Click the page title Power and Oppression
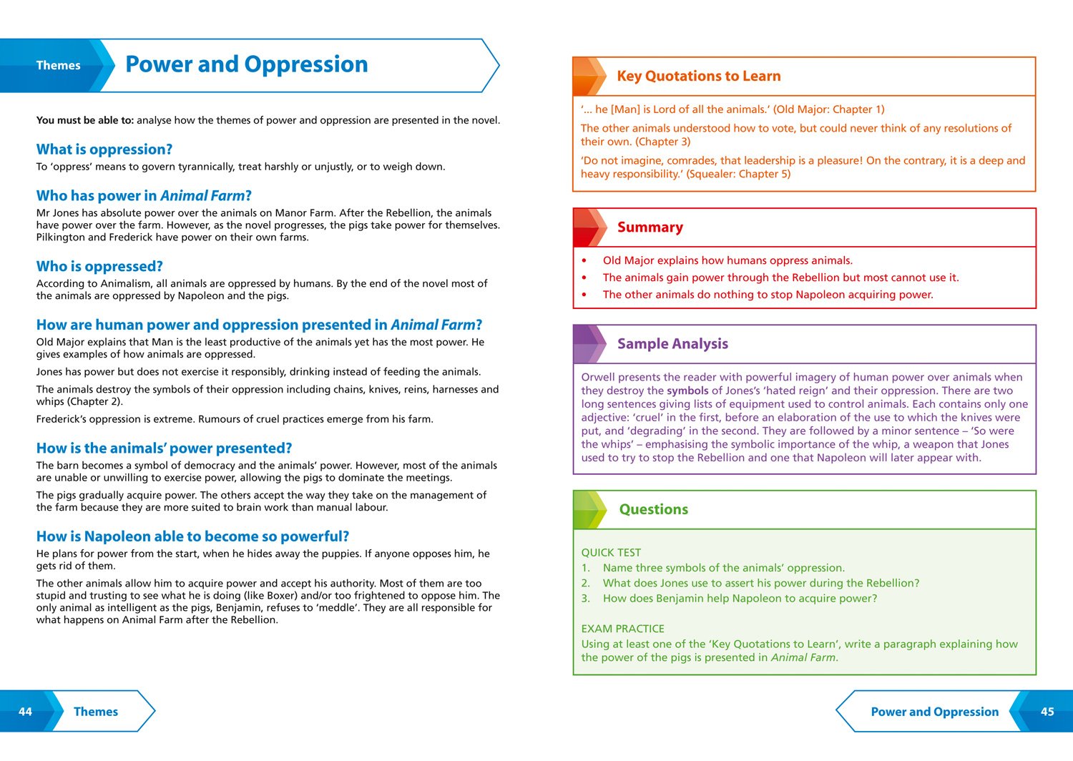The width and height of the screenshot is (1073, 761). click(x=246, y=64)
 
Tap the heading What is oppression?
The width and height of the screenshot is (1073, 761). click(x=104, y=149)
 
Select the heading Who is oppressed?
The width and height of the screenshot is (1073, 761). click(x=99, y=267)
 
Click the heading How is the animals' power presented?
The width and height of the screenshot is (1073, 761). click(x=164, y=448)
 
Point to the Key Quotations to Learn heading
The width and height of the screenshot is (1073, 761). click(x=698, y=77)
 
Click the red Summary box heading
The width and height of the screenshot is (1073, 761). click(x=650, y=227)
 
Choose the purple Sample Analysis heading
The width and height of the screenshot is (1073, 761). click(x=672, y=344)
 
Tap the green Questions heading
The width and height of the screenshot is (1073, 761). click(x=653, y=510)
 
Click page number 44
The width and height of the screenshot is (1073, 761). click(x=25, y=712)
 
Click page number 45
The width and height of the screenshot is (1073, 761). click(x=1047, y=712)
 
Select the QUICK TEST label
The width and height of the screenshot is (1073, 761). click(x=611, y=553)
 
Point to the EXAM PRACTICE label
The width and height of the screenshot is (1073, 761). click(x=622, y=629)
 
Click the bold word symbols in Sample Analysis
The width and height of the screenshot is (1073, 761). click(x=687, y=391)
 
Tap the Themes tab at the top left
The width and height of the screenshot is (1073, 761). click(x=58, y=66)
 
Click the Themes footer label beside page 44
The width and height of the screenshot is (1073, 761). click(x=96, y=712)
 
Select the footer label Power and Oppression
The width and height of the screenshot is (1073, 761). click(x=934, y=712)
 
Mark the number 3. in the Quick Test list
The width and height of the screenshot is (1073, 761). click(x=585, y=599)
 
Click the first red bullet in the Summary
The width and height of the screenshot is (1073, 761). click(x=584, y=261)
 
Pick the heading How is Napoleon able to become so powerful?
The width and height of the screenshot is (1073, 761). click(x=192, y=537)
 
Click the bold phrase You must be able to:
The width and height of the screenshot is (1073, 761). click(x=84, y=120)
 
